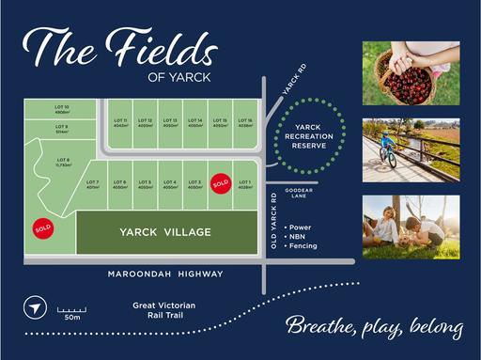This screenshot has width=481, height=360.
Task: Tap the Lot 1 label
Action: pos(244,183)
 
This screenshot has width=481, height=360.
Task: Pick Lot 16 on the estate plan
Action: pos(244,122)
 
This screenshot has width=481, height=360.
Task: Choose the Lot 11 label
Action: pos(119,122)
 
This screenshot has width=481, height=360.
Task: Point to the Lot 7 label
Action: pos(92,183)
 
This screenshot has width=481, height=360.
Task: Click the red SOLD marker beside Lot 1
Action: pos(221,183)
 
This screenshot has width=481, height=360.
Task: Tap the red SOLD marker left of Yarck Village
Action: pos(43,227)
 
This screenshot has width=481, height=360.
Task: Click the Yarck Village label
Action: pos(164,231)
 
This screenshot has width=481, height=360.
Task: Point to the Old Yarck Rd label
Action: pos(274,221)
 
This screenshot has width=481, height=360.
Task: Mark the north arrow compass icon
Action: pos(34,308)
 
